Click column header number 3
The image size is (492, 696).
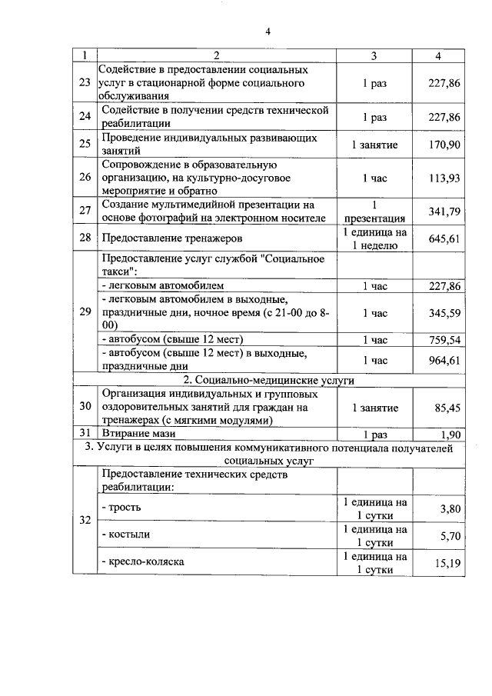pos(374,55)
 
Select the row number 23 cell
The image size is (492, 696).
pos(85,82)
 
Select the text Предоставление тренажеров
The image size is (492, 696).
pos(166,238)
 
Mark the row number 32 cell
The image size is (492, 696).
pos(85,520)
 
